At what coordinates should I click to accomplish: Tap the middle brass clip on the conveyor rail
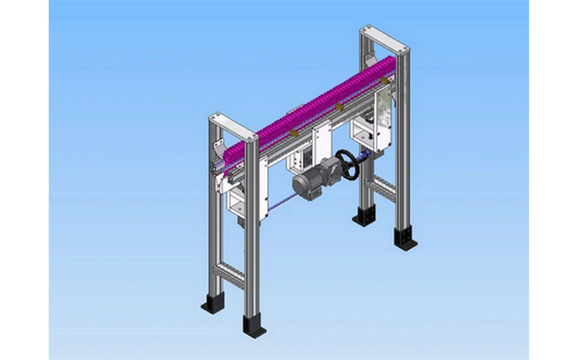point(340,106)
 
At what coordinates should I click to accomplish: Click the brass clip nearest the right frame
point(383,79)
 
